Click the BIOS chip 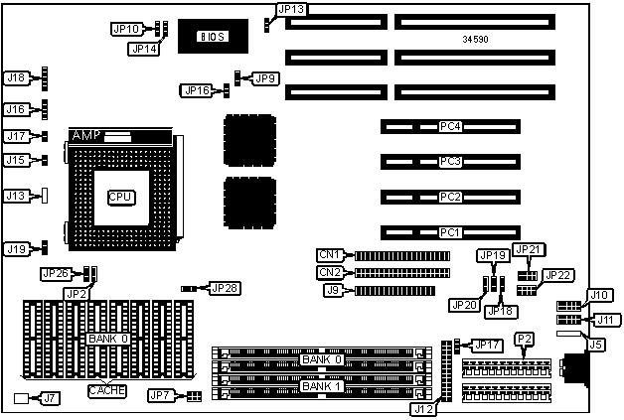211,37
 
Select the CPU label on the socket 120,197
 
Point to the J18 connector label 16,76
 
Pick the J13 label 16,196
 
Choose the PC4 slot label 451,127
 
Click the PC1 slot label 451,233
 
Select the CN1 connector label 330,255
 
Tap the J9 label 334,291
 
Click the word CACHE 107,390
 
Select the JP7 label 161,395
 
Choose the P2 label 524,340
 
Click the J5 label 595,346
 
